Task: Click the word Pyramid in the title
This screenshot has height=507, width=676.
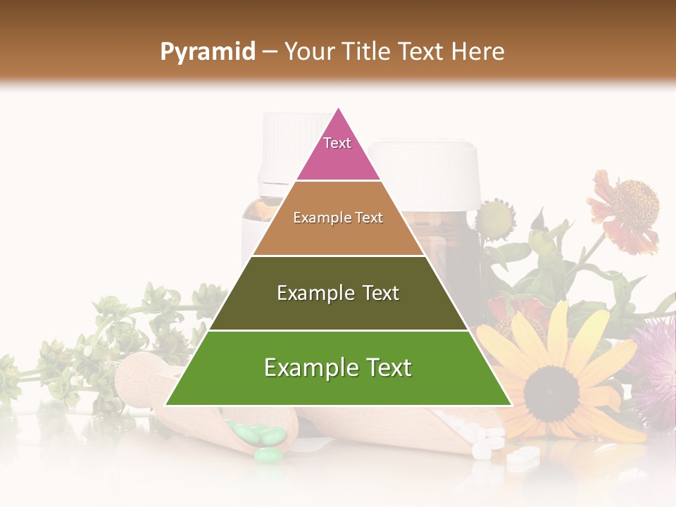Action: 207,52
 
